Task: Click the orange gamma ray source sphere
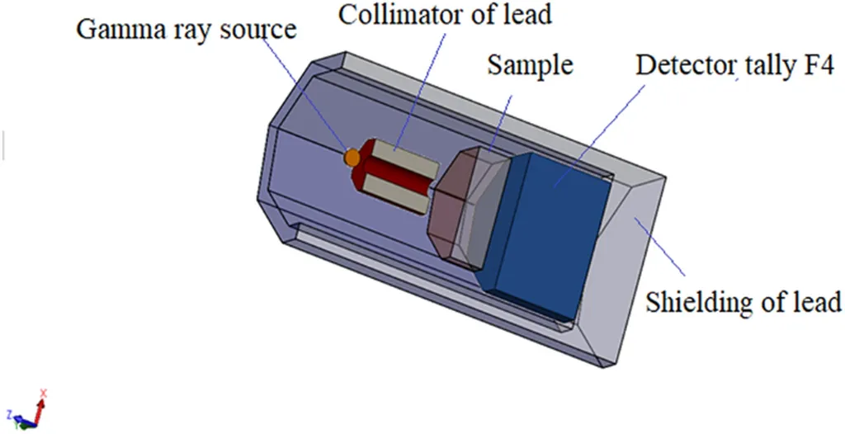coord(352,157)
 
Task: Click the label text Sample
coord(530,66)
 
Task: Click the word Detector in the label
coord(677,67)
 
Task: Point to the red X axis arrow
coord(42,404)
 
